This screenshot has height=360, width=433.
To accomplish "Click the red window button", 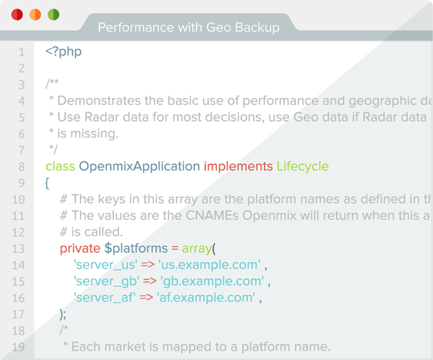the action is (x=17, y=15).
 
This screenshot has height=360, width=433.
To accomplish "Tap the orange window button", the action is (x=35, y=15).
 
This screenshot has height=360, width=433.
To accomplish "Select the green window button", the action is (x=54, y=15).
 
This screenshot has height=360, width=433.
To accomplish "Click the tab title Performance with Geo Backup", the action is (x=189, y=28).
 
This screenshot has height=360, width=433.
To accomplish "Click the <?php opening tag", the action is (x=64, y=51).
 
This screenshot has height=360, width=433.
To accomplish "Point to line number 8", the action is (x=22, y=167).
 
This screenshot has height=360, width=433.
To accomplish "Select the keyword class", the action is (x=60, y=166).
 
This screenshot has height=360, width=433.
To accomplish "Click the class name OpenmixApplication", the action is (x=139, y=166).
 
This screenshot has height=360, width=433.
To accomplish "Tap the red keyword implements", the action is (x=238, y=166).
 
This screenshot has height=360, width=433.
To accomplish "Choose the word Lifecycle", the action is (x=302, y=166).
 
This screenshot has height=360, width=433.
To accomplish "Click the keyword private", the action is (x=80, y=249).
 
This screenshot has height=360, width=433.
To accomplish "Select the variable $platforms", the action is (x=136, y=249).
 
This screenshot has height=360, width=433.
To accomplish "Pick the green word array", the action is (x=197, y=249).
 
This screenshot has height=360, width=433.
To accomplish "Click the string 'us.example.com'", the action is (x=209, y=265).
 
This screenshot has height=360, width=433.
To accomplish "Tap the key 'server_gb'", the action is (x=106, y=281).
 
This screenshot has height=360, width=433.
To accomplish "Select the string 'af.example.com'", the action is (x=206, y=298).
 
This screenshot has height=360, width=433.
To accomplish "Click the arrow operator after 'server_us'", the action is (x=148, y=265).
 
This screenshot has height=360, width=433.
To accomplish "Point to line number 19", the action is (x=18, y=347).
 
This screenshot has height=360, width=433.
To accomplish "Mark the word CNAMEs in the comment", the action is (x=212, y=216).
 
